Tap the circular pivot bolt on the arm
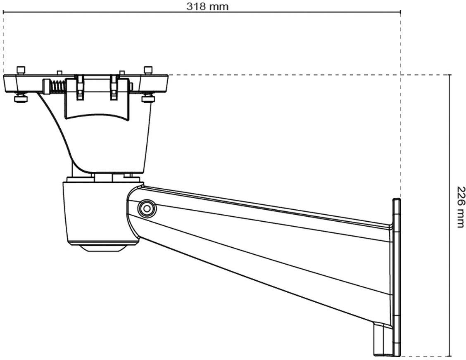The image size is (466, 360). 146,208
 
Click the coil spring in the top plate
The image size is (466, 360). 58,86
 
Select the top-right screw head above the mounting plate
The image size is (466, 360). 147,70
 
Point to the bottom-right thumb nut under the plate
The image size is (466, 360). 147,99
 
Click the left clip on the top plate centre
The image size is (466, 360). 80,87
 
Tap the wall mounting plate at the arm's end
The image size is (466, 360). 396,277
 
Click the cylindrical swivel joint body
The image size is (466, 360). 95,213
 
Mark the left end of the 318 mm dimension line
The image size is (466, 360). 3,12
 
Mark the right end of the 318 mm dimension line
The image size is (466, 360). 400,12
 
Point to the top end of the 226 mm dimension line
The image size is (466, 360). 449,75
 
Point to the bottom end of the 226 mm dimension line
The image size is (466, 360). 449,356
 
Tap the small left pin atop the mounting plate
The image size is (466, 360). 59,73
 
